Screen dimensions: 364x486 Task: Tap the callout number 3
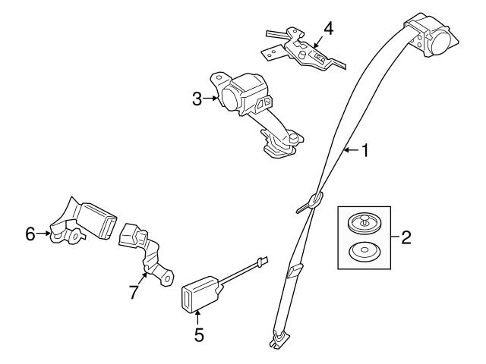(197, 99)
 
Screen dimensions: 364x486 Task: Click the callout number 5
(198, 334)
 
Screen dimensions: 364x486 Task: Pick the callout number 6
(30, 234)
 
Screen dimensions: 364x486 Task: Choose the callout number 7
(133, 292)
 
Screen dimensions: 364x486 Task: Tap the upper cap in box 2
(361, 223)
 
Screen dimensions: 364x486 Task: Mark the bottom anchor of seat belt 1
(276, 341)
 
